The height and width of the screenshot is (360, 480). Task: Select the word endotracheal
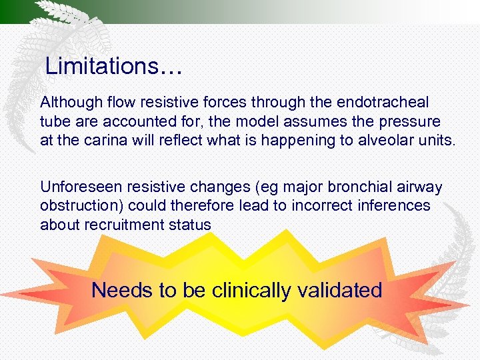386,103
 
